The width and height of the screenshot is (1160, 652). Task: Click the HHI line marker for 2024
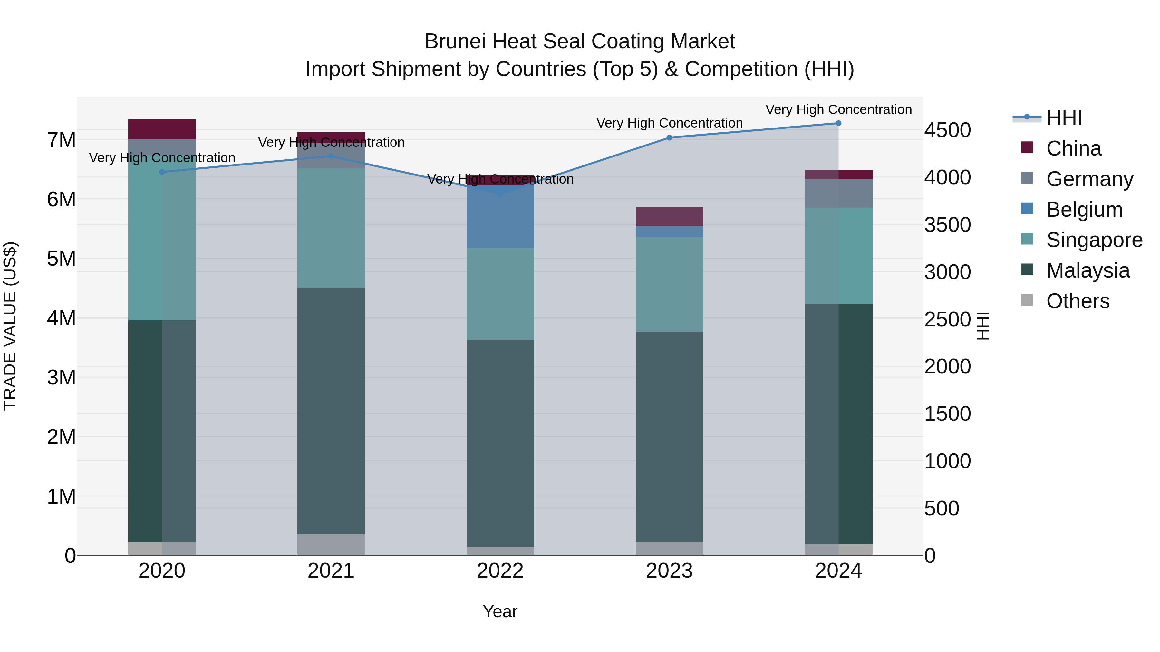click(838, 123)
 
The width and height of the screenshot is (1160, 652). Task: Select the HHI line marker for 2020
click(162, 172)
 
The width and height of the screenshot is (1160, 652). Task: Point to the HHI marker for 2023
click(669, 138)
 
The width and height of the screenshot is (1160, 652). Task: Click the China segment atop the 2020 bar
click(162, 129)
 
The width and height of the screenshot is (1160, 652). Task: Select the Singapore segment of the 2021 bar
click(331, 228)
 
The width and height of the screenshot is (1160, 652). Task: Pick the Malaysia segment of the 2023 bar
click(669, 437)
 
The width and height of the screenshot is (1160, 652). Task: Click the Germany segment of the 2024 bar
click(838, 194)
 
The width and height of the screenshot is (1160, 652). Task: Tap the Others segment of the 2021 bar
click(331, 544)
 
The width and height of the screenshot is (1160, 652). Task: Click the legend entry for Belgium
click(1084, 210)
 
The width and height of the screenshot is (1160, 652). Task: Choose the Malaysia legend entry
click(1087, 270)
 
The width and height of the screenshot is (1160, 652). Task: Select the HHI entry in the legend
click(1064, 118)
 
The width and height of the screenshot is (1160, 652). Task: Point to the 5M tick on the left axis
click(61, 259)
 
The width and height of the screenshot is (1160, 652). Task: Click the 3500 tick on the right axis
click(947, 225)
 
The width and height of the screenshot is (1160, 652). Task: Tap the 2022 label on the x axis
click(500, 571)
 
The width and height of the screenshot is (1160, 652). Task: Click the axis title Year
click(500, 611)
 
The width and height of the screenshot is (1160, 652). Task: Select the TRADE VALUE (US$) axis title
click(10, 326)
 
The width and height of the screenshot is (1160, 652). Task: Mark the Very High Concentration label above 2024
click(838, 109)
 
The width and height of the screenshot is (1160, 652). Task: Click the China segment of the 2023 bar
click(669, 216)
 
